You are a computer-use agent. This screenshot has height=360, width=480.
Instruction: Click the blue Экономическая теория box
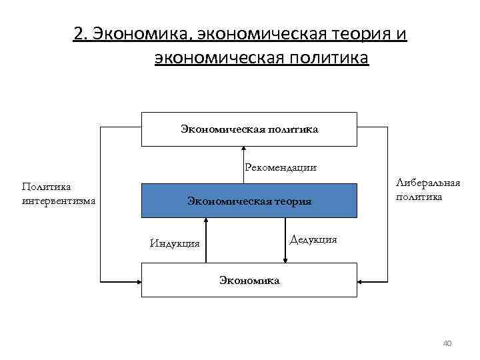coord(249,201)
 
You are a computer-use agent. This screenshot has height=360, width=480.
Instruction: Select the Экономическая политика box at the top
coord(249,129)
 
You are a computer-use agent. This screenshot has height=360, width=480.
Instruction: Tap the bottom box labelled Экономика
coord(249,280)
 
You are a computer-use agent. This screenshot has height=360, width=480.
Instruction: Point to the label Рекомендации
coord(280,167)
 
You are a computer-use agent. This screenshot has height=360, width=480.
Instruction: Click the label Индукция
coord(175,243)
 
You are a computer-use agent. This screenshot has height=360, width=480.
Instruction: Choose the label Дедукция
coord(314,239)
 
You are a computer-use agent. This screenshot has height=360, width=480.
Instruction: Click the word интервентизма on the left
coord(59,200)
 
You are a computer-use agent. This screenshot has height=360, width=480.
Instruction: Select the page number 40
coord(447,343)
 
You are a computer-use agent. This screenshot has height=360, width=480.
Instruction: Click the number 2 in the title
coord(79,35)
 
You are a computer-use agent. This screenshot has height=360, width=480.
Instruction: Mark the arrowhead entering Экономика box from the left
coord(138,280)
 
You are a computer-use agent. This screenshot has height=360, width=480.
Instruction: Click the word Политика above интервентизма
coord(47,187)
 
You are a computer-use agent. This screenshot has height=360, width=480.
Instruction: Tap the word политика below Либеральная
coord(419,197)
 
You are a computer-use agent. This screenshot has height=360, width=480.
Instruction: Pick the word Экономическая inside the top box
coord(222,129)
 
